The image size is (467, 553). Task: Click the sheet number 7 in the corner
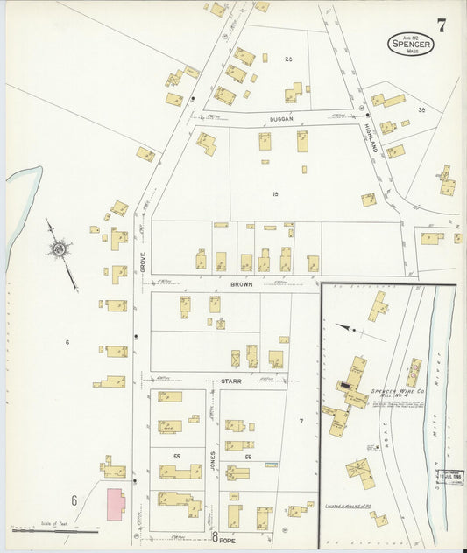(x=442, y=25)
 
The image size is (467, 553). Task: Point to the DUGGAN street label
(x=280, y=118)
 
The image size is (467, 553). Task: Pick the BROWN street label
(x=241, y=285)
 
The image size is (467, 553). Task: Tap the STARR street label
(x=231, y=381)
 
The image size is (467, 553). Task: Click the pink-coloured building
(x=115, y=505)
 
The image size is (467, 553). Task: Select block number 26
(x=287, y=59)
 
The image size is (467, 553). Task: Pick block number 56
(x=248, y=457)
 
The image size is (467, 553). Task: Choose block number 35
(x=421, y=109)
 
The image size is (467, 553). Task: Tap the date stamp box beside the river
(x=450, y=477)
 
